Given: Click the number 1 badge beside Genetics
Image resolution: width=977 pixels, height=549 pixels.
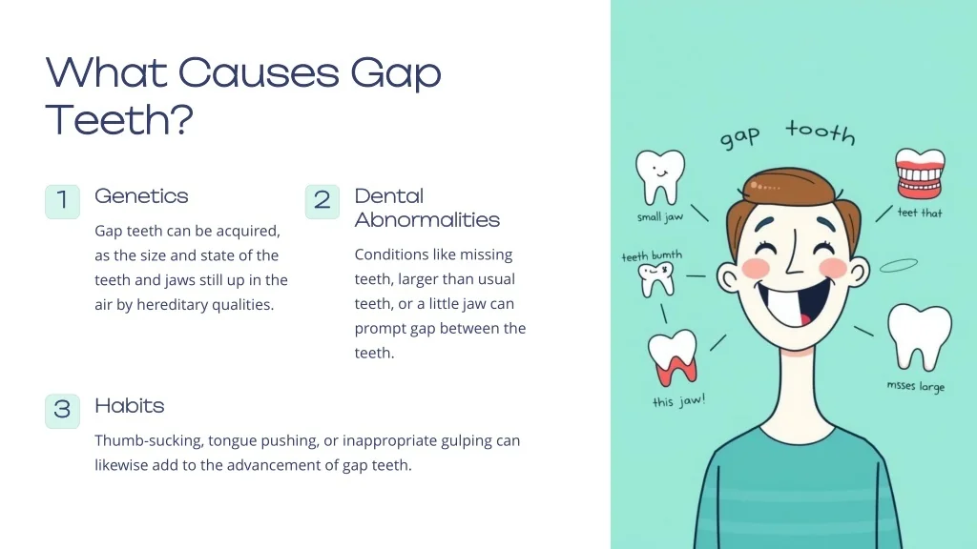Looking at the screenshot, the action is point(62,201).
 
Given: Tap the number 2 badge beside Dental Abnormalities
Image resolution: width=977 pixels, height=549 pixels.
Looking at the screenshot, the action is point(322,201).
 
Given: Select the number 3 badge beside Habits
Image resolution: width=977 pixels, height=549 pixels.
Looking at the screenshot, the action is point(62,411).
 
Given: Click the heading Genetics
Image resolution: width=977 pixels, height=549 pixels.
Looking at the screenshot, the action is point(141,196).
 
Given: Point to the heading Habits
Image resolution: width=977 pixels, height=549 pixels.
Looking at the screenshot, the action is point(130,406).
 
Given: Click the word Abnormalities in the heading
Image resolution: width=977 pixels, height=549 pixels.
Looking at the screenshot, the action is point(427,220).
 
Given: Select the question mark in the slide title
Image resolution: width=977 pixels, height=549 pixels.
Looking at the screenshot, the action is point(181,119).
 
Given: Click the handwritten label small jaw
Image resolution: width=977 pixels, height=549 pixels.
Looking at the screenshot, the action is point(660,217).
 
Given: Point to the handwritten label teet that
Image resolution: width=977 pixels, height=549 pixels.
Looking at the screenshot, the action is point(920,213).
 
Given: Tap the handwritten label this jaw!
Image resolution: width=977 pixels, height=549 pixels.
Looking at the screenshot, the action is point(678,401).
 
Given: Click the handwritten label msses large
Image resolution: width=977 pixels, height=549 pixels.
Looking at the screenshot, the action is point(916,386).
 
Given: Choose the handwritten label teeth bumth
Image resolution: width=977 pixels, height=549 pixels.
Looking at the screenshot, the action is point(652,255).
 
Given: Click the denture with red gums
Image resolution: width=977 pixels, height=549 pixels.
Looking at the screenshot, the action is point(921,173).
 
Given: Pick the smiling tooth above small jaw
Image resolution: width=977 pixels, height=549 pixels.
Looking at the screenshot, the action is point(660,176).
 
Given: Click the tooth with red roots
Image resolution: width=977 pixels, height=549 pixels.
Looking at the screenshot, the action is point(673,357).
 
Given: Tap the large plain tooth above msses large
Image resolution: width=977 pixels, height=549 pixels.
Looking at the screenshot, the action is point(920,336).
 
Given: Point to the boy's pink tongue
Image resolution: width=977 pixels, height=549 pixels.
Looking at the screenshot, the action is point(804,319).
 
